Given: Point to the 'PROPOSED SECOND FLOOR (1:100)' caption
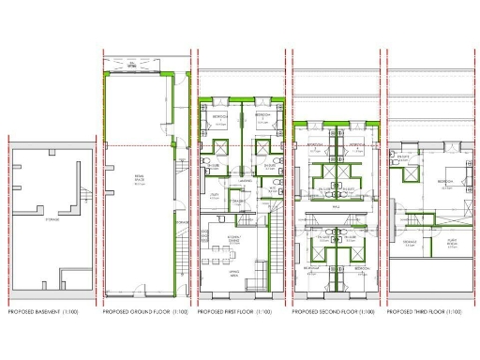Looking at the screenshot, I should point(333,309).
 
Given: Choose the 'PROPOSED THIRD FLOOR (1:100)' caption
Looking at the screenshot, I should point(427,309).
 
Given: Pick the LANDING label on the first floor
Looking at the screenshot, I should point(243,181).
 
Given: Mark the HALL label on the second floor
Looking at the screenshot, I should point(335,197).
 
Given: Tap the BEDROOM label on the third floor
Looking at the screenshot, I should point(442,179).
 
